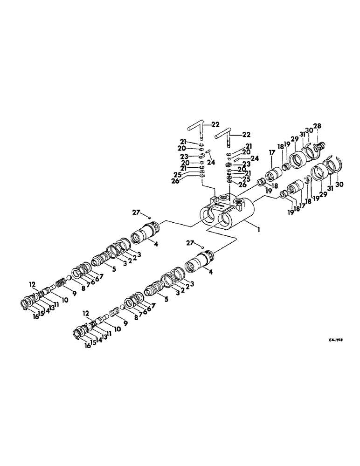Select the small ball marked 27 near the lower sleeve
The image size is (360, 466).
tap(204, 247)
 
